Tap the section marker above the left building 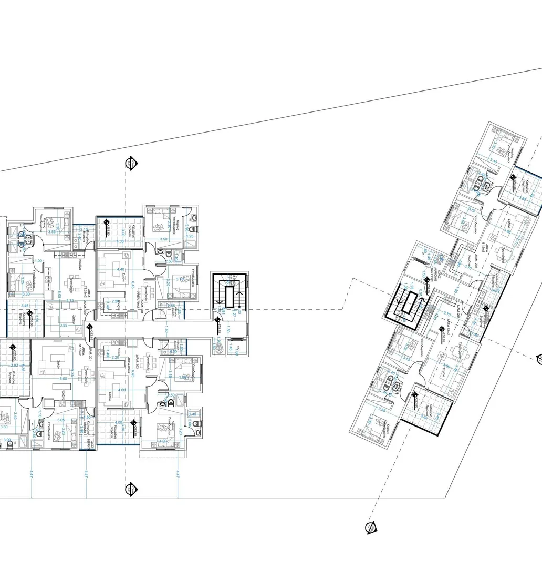click(130, 163)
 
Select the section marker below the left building click(131, 490)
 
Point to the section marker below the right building click(370, 528)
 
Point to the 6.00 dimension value click(63, 379)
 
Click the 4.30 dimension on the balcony click(120, 241)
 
